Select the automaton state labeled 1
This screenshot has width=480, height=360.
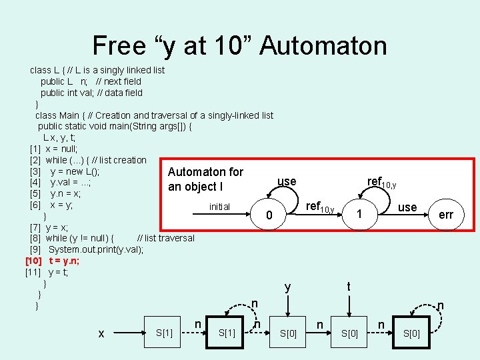[359, 215]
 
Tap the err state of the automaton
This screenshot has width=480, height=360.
[446, 215]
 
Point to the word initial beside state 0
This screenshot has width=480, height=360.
[219, 207]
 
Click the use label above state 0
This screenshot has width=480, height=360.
[287, 181]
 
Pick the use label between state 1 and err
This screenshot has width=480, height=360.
[407, 207]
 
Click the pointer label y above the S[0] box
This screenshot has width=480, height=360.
[287, 287]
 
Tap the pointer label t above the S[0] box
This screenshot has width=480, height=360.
[349, 286]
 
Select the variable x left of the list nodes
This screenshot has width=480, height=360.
[101, 333]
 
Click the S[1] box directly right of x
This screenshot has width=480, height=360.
[163, 333]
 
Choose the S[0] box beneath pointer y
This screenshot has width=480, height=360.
[288, 333]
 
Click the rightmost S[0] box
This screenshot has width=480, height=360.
[411, 333]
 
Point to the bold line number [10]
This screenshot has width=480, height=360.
[33, 261]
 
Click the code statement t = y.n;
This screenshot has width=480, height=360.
[64, 261]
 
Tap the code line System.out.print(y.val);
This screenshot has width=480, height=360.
[96, 249]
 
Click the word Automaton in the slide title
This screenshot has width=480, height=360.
[323, 45]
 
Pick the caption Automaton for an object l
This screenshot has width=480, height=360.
[205, 179]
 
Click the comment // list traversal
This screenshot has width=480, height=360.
[165, 238]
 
